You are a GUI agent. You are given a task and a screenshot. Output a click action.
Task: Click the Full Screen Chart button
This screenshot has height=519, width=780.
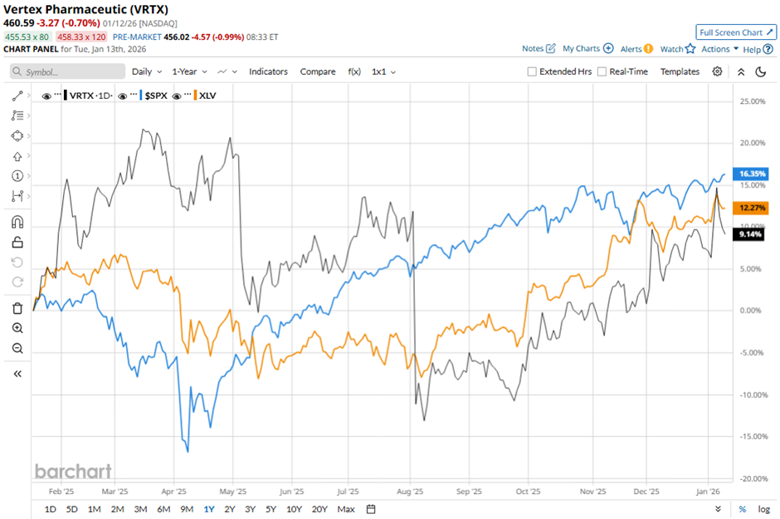736,32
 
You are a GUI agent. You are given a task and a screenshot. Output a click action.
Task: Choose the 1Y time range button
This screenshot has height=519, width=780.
208,509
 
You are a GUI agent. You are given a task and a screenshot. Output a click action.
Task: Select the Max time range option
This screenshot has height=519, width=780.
346,509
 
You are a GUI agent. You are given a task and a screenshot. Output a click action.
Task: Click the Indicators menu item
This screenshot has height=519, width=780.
268,71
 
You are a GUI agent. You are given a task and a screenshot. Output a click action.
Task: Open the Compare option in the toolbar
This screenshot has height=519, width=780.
318,71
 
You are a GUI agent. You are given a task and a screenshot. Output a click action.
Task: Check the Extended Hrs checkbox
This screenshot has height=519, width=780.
532,71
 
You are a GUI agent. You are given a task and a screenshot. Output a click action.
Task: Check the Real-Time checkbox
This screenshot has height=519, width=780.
602,71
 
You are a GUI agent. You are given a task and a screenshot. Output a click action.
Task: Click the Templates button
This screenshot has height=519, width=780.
680,71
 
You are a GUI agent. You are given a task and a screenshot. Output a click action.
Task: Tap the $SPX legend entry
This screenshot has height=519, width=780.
156,95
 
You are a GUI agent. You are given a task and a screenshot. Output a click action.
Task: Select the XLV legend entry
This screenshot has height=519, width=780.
207,95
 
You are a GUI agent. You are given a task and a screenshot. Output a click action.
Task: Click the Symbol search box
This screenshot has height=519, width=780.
68,72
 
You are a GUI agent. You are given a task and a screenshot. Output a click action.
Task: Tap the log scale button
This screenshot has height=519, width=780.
764,509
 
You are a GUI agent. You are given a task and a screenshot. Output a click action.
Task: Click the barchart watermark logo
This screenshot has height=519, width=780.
73,472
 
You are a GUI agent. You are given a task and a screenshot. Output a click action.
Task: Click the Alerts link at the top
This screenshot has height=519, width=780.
636,49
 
